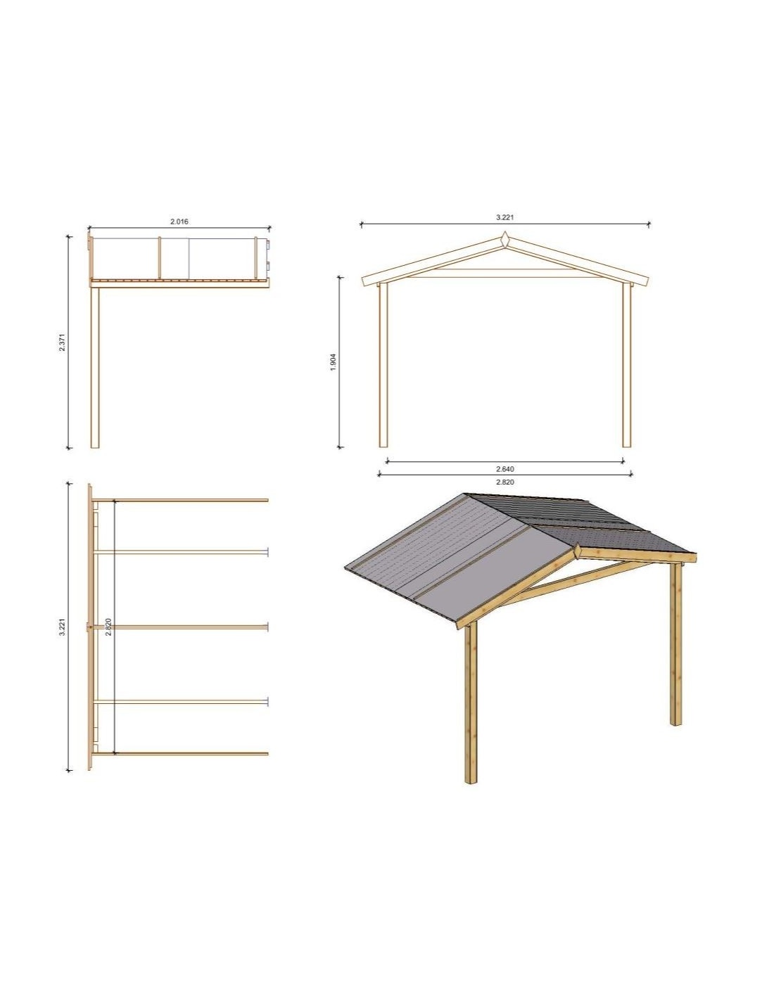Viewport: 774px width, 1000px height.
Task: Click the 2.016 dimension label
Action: click(x=179, y=222)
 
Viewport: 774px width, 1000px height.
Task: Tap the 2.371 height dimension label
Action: click(x=63, y=342)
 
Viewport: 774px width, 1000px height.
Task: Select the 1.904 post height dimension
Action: click(x=334, y=362)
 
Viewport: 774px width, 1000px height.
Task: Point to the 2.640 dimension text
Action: click(x=505, y=469)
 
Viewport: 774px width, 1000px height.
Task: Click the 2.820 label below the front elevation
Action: click(x=505, y=482)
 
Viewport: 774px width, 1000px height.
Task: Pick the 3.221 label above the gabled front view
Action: click(x=505, y=218)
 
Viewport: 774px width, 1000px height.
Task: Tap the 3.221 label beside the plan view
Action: click(x=63, y=627)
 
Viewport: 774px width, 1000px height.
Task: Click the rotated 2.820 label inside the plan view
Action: click(x=108, y=627)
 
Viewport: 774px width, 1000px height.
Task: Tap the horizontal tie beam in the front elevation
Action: click(x=505, y=274)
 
